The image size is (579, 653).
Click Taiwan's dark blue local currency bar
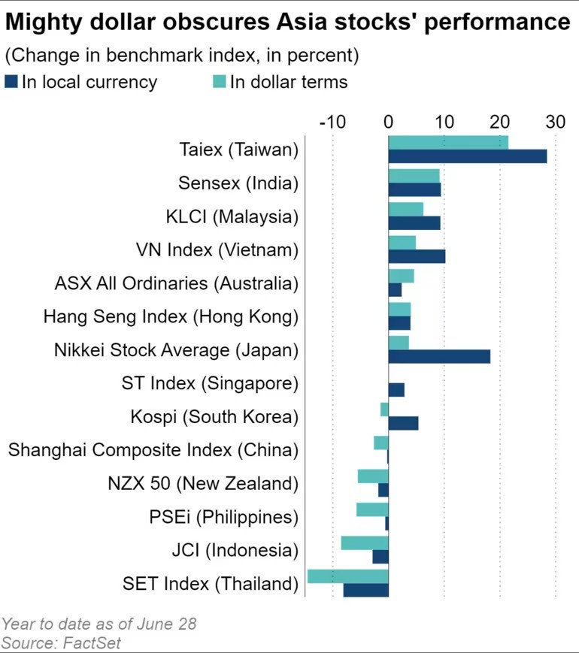(x=467, y=156)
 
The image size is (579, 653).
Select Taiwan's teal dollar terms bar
(x=448, y=142)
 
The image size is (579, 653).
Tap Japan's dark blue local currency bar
(x=439, y=356)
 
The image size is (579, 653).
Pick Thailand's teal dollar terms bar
(x=347, y=576)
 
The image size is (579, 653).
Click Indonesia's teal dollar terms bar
(x=365, y=543)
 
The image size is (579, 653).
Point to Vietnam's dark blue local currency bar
(x=417, y=256)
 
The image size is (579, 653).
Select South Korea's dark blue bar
(x=403, y=423)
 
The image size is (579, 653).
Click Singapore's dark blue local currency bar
(x=396, y=389)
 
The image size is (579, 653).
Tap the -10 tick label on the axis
(x=332, y=122)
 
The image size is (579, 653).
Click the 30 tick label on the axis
(x=555, y=122)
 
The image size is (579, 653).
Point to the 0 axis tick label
(x=389, y=122)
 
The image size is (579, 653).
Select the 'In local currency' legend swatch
(x=11, y=82)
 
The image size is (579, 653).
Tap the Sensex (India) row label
(x=238, y=183)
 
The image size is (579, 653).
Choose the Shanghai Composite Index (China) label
(x=153, y=449)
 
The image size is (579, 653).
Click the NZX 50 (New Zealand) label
(x=203, y=482)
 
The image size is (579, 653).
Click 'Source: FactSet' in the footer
(x=61, y=642)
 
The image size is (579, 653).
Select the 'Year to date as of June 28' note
(x=99, y=624)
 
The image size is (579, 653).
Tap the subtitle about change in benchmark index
(x=181, y=56)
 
